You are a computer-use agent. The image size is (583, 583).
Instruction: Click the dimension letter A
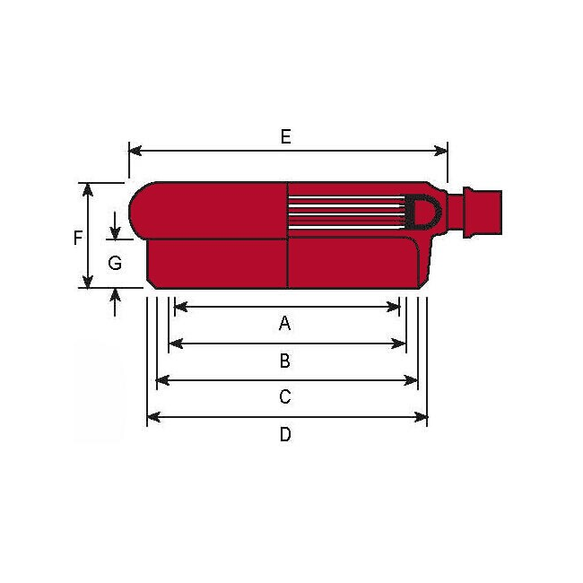[x=285, y=323]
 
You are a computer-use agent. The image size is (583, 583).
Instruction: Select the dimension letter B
[x=285, y=361]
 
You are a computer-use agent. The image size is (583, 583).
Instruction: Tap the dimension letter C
[x=285, y=396]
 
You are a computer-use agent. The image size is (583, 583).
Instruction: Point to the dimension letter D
[x=285, y=435]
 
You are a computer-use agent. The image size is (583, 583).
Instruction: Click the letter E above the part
[x=285, y=136]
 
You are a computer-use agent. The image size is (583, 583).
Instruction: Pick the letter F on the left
[x=78, y=238]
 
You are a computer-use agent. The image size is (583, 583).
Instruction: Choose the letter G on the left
[x=115, y=263]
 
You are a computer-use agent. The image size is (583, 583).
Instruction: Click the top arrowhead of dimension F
[x=88, y=188]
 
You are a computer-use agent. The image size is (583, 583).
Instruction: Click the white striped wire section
[x=345, y=212]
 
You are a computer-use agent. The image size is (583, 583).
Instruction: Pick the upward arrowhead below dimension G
[x=116, y=294]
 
